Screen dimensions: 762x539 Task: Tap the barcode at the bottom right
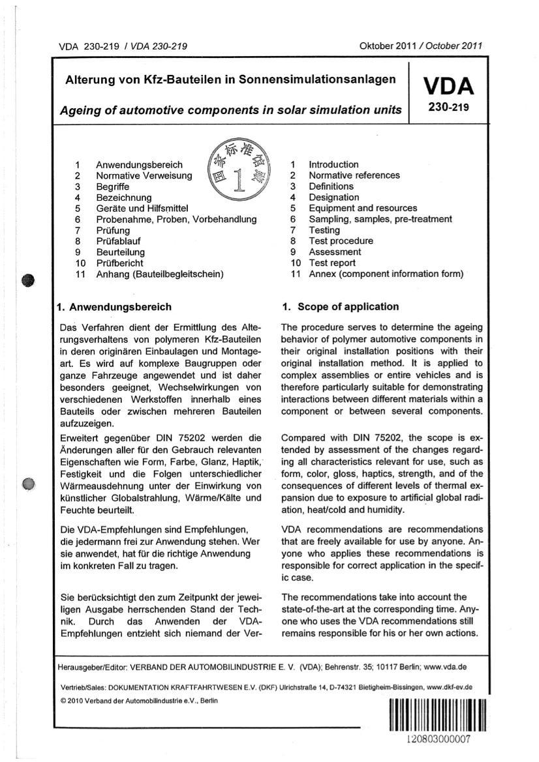[437, 716]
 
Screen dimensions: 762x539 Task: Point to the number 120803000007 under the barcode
[437, 741]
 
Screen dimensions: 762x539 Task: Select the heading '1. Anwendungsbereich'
[115, 306]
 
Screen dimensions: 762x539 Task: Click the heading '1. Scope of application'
[340, 306]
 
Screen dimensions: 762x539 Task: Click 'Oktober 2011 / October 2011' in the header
[421, 46]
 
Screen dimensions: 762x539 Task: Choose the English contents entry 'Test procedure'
[341, 241]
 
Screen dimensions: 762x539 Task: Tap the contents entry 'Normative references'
[354, 175]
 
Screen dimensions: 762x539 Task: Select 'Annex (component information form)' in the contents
[386, 274]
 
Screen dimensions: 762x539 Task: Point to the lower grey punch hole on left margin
[27, 483]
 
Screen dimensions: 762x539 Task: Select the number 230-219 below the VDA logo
[448, 109]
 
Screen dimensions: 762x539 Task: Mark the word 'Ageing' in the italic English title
[81, 110]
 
